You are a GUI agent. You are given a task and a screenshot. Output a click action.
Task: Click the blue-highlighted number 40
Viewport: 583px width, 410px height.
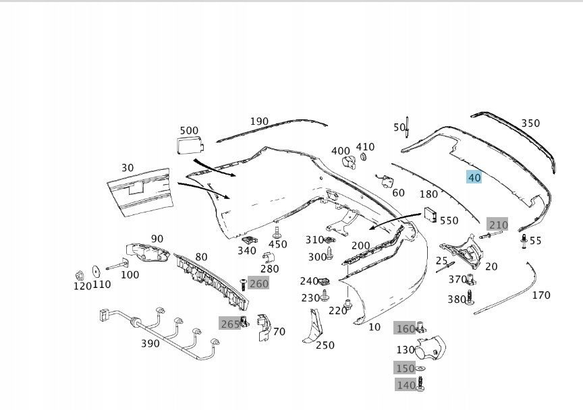pyautogui.click(x=474, y=177)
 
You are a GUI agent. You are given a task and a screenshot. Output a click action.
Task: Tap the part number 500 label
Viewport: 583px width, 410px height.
pyautogui.click(x=189, y=130)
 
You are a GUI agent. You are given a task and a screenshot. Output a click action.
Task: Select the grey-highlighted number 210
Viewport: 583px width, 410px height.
pyautogui.click(x=498, y=225)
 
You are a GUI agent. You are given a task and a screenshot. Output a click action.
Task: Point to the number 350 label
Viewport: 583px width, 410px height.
pyautogui.click(x=530, y=123)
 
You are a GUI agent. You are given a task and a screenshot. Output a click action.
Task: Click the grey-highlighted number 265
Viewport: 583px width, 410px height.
pyautogui.click(x=230, y=324)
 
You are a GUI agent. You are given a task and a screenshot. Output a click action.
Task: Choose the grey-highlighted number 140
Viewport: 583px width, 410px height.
pyautogui.click(x=406, y=385)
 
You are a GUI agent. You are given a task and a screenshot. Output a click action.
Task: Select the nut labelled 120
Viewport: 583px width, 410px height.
pyautogui.click(x=79, y=274)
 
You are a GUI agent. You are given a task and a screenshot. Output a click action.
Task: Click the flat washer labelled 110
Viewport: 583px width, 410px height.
pyautogui.click(x=96, y=271)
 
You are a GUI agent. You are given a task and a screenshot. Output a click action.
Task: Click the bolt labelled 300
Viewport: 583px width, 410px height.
pyautogui.click(x=330, y=254)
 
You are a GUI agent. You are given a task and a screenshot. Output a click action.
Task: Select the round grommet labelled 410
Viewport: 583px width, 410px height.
pyautogui.click(x=362, y=157)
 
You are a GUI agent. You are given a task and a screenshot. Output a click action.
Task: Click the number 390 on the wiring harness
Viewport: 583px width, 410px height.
pyautogui.click(x=150, y=343)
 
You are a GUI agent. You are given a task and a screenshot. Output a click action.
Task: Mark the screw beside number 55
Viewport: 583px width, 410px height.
pyautogui.click(x=524, y=241)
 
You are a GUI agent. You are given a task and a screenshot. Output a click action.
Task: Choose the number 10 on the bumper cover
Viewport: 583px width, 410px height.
pyautogui.click(x=374, y=328)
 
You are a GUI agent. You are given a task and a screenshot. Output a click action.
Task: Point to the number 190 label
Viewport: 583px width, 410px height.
pyautogui.click(x=259, y=121)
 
